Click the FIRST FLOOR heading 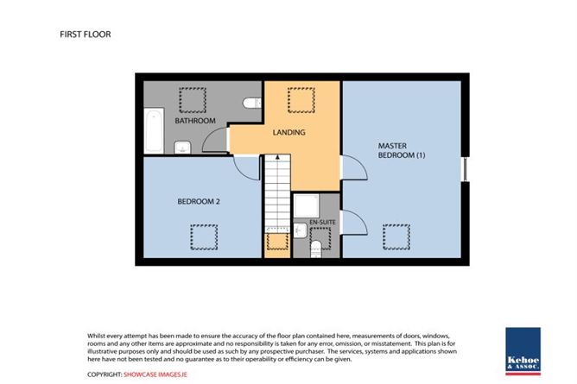click(86, 35)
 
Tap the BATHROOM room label click(195, 121)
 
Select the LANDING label click(288, 132)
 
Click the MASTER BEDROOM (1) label click(402, 150)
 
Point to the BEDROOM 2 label click(199, 201)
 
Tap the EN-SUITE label click(322, 223)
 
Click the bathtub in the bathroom click(154, 130)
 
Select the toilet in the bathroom click(252, 103)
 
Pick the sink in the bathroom click(182, 148)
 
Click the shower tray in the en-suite click(306, 205)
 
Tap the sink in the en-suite click(301, 230)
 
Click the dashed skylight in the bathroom click(193, 100)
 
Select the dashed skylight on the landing click(301, 100)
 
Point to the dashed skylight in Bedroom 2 click(204, 237)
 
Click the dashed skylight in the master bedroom click(396, 237)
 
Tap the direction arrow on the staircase click(277, 157)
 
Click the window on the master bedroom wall click(465, 169)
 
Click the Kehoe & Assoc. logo click(523, 351)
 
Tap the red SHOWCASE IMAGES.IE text click(155, 375)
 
